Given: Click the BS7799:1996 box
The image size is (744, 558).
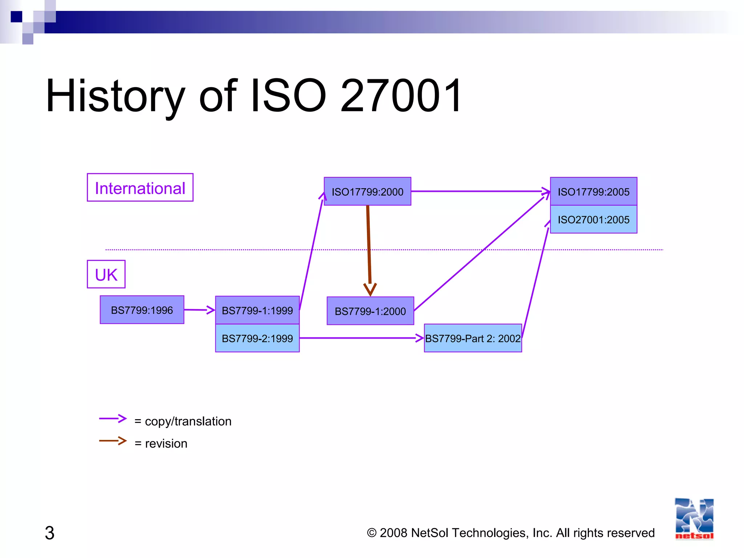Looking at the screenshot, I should [142, 310].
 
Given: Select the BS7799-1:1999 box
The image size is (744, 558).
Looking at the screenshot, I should [257, 310].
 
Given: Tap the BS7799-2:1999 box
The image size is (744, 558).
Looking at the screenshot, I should [257, 338].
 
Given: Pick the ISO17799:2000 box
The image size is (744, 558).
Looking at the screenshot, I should [367, 191].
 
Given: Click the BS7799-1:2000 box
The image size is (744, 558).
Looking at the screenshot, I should [370, 311].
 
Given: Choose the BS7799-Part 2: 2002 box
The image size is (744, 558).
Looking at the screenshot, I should [473, 338].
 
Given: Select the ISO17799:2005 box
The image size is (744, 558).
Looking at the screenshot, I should [593, 191].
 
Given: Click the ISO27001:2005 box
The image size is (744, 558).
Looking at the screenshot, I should [593, 219].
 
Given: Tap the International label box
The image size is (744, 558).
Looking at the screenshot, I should [140, 188].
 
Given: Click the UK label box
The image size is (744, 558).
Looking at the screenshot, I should [106, 274].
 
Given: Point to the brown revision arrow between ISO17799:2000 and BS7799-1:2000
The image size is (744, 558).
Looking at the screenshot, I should [369, 247].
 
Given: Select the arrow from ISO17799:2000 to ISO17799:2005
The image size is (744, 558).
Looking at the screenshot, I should [480, 191].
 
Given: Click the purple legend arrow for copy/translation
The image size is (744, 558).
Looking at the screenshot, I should [113, 418].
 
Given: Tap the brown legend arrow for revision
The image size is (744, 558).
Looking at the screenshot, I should [113, 441].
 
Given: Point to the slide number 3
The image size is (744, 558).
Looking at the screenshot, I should [49, 533].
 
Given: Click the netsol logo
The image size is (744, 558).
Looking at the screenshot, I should [694, 519].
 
